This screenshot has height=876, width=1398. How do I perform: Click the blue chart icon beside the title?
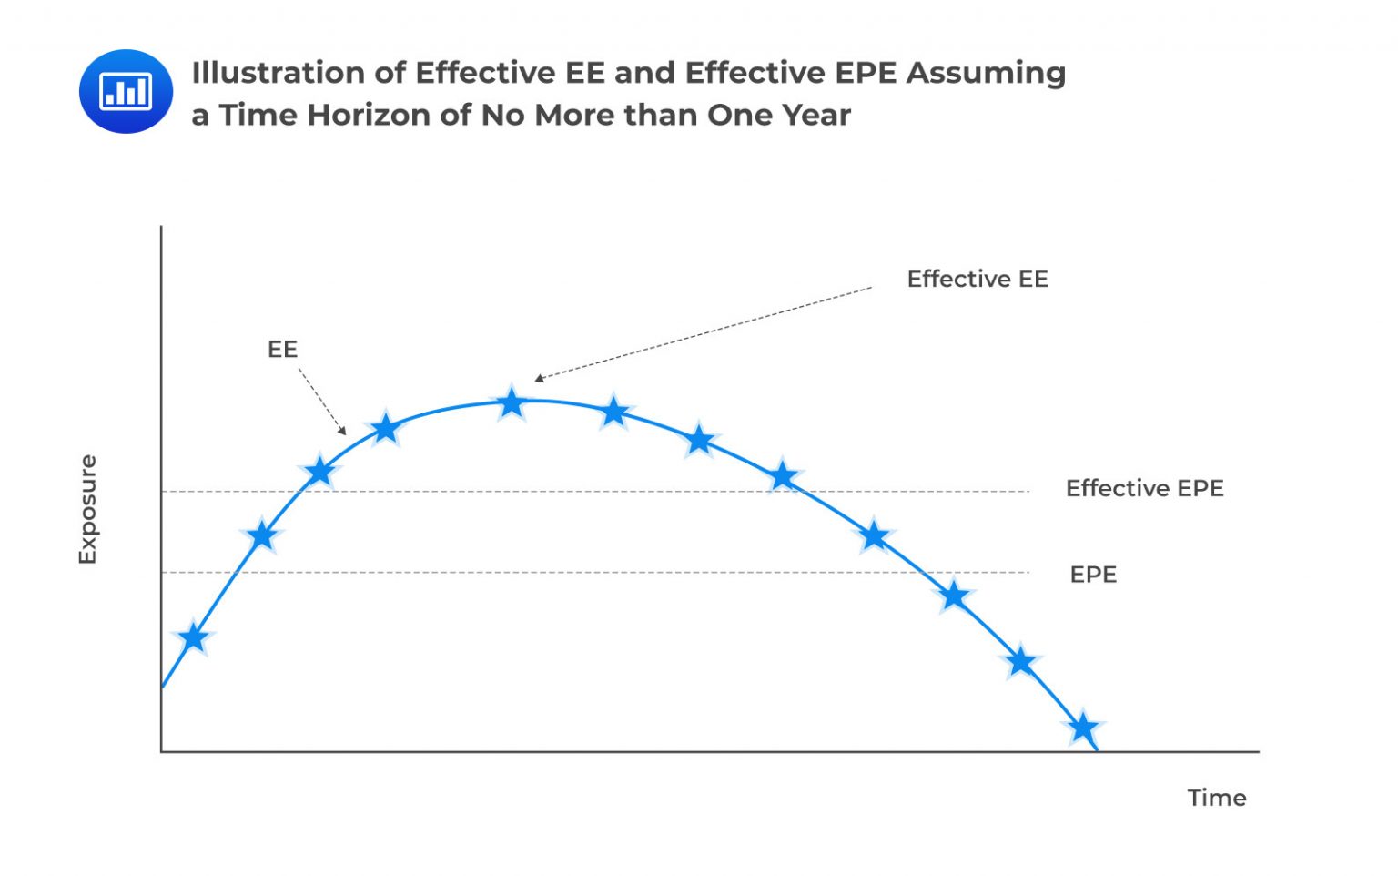click(126, 91)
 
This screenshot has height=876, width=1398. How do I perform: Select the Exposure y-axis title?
click(87, 509)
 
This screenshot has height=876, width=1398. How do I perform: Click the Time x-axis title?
click(1216, 798)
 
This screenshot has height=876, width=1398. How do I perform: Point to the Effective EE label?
click(978, 279)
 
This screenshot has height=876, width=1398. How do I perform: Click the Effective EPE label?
click(1144, 488)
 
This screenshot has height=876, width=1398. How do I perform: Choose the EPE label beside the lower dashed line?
click(1093, 575)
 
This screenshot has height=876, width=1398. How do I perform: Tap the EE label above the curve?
click(282, 350)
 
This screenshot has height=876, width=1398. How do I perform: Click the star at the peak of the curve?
click(512, 402)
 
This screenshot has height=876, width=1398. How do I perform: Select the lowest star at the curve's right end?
click(1083, 728)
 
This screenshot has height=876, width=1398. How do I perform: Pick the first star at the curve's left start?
click(193, 637)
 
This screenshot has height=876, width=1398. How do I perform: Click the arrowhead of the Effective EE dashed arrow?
click(539, 379)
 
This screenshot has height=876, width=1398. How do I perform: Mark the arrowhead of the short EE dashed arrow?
click(342, 431)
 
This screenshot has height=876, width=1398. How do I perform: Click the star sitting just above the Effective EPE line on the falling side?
click(783, 476)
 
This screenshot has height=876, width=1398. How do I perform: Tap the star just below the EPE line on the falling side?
click(954, 596)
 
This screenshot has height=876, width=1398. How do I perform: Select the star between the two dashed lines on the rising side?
click(262, 535)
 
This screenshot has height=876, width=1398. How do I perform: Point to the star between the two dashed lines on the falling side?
click(874, 536)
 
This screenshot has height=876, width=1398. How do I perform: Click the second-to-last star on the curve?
click(1021, 662)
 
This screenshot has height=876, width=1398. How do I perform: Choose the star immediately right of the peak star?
click(614, 412)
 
